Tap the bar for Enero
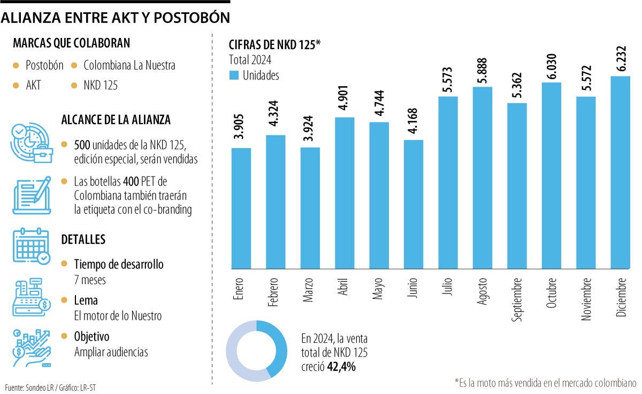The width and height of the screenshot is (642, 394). tap(241, 208)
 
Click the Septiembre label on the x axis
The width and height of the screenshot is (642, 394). tap(517, 299)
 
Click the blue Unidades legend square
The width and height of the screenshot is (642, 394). tap(234, 75)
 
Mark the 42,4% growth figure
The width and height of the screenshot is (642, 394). tap(342, 367)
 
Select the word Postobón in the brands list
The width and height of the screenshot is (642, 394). tap(44, 65)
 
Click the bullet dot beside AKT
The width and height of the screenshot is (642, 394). tap(17, 85)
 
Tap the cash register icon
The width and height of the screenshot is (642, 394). tap(30, 297)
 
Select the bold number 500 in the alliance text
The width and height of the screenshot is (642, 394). tap(82, 145)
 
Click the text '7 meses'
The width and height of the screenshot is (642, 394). tap(90, 279)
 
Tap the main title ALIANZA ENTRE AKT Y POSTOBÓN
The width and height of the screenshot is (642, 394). tap(116, 18)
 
